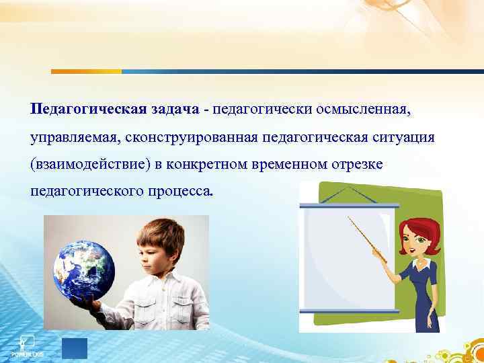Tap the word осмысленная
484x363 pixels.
[x=372, y=108]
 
